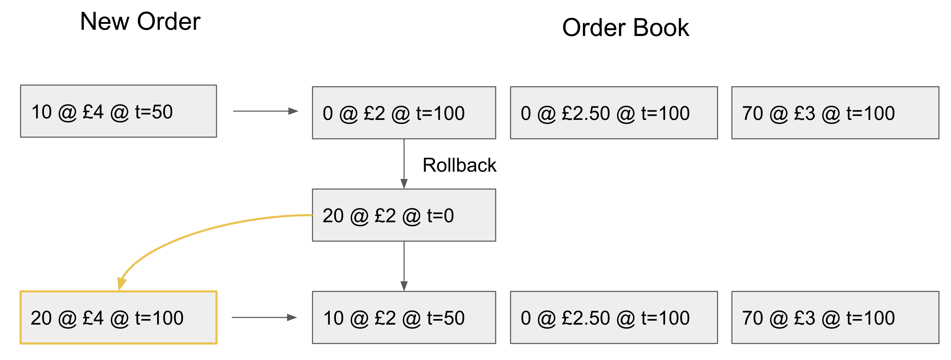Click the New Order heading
tap(140, 21)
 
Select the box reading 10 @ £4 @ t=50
tap(118, 111)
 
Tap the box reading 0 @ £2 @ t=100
tap(403, 113)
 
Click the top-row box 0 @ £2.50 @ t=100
tap(614, 113)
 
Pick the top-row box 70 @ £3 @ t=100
tap(835, 113)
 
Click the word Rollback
tap(459, 165)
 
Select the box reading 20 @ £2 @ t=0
tap(403, 215)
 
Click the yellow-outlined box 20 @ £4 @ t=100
tap(118, 317)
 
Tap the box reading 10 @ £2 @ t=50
tap(403, 317)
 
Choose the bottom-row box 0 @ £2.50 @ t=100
tap(614, 317)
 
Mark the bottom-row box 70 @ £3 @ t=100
tap(835, 317)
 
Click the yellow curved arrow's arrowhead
tap(121, 284)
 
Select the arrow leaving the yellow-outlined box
tap(264, 317)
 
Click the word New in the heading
tap(104, 21)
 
